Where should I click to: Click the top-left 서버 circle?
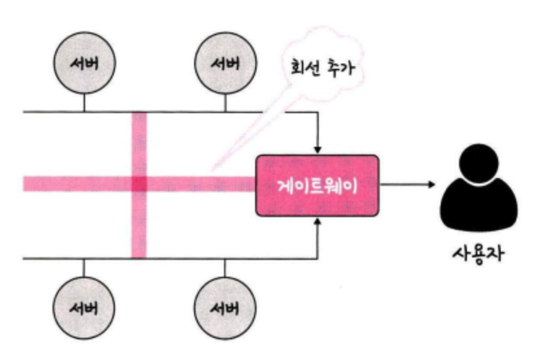click(x=84, y=63)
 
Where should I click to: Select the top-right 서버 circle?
click(x=225, y=63)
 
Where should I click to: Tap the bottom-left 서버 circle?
click(x=84, y=308)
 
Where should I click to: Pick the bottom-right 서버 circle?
click(x=225, y=308)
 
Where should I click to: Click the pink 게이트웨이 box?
click(x=318, y=185)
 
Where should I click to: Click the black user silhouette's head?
click(x=479, y=163)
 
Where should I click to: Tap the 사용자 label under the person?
click(x=479, y=253)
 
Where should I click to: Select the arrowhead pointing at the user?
click(x=432, y=185)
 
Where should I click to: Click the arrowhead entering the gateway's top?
click(x=318, y=150)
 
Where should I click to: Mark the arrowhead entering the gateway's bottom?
click(x=318, y=222)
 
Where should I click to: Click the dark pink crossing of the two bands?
click(x=139, y=184)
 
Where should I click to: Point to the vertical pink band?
click(x=139, y=185)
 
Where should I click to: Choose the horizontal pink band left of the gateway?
click(x=140, y=184)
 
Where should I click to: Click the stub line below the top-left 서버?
click(x=84, y=103)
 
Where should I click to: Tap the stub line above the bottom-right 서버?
click(x=225, y=268)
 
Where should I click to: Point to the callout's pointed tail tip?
click(x=212, y=170)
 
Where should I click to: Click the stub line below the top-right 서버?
click(x=225, y=103)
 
